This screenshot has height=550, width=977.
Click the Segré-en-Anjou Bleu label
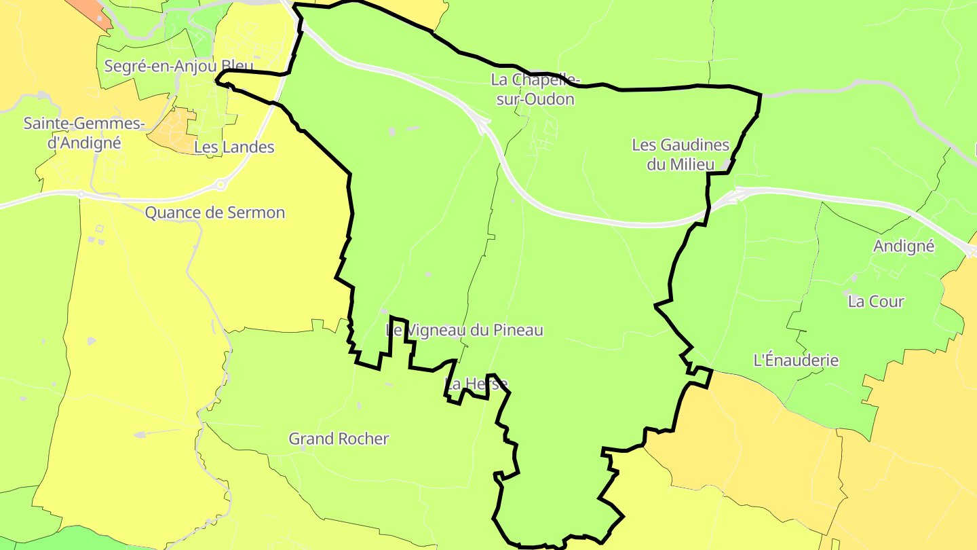tap(178, 66)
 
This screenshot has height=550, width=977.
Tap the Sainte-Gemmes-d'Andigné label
tap(84, 133)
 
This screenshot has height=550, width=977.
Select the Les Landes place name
tap(234, 147)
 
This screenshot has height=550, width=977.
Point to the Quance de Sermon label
tap(215, 213)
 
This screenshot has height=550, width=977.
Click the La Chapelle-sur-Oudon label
tap(536, 90)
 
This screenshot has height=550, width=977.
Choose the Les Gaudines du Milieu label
tap(681, 154)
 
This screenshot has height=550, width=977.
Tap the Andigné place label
tap(904, 246)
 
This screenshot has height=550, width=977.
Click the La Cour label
tap(876, 301)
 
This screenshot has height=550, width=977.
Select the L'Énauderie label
tap(796, 360)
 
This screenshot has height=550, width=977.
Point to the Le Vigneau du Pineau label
tap(465, 330)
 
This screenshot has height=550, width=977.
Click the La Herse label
tap(476, 384)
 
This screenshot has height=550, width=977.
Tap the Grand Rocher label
tap(339, 439)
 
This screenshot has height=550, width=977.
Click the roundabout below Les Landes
tap(221, 184)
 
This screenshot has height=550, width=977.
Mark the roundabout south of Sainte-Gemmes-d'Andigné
tap(81, 194)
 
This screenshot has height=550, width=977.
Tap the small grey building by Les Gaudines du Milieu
tap(727, 164)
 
